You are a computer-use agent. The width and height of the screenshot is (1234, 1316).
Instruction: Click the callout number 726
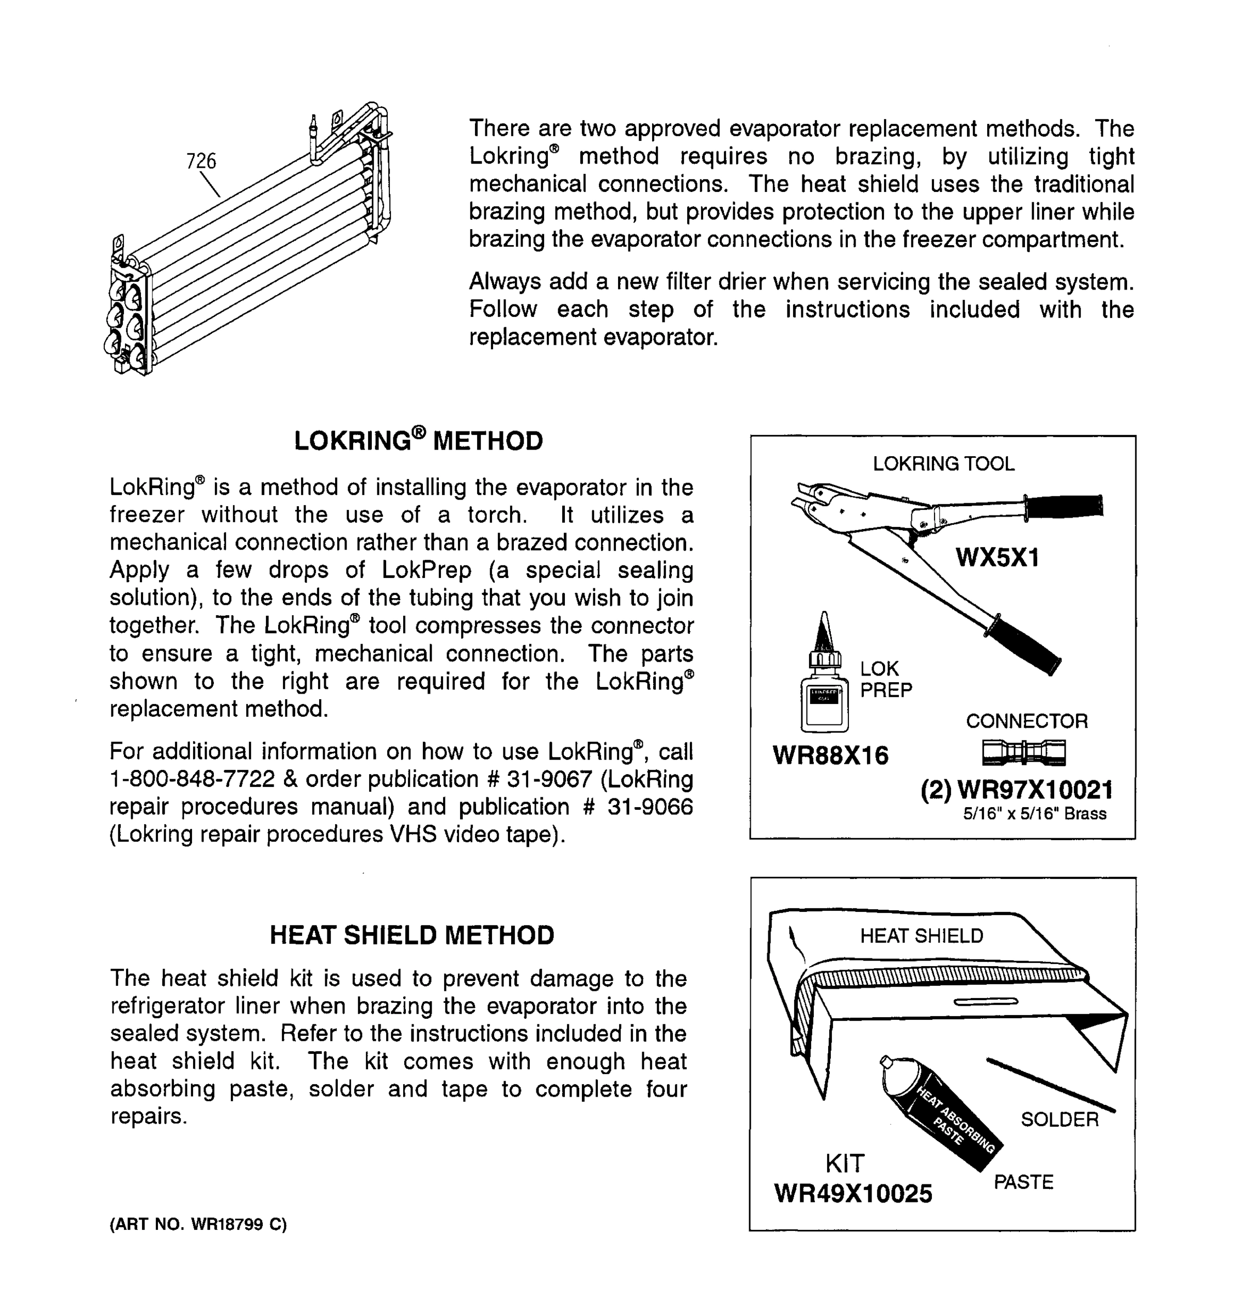[201, 161]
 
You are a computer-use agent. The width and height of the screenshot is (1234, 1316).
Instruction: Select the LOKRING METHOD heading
[418, 441]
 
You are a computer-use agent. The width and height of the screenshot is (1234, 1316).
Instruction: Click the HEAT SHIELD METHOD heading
[412, 935]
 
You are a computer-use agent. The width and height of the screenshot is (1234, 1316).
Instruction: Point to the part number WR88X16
[830, 755]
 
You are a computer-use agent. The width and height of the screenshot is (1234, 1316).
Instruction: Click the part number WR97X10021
[1035, 790]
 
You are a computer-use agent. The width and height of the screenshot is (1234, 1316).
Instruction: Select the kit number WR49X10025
[853, 1194]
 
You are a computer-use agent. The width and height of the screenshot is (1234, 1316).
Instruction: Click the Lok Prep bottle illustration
[824, 689]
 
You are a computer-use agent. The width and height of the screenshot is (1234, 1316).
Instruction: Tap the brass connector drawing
[1023, 752]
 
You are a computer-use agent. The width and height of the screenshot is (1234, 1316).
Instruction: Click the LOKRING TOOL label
[943, 463]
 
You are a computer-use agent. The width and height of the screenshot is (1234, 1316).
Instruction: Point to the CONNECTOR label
[1026, 721]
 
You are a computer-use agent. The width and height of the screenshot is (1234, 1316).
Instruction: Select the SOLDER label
[1059, 1119]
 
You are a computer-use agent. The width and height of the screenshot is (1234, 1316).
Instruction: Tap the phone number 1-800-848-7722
[192, 779]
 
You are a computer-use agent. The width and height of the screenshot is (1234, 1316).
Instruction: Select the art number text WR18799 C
[239, 1224]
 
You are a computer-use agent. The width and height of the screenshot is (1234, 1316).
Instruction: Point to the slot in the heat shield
[985, 1002]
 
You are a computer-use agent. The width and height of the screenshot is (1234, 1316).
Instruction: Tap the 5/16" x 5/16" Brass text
[1034, 814]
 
